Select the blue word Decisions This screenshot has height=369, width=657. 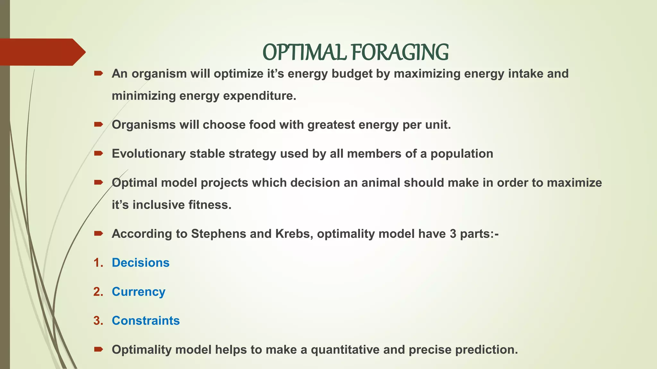click(141, 263)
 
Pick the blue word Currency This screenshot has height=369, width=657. click(138, 292)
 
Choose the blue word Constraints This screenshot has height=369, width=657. click(146, 321)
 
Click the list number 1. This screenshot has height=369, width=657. click(98, 263)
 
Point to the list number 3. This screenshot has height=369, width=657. click(98, 321)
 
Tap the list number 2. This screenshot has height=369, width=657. click(98, 292)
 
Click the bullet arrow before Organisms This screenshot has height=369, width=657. click(98, 124)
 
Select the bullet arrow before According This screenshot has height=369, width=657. click(98, 234)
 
